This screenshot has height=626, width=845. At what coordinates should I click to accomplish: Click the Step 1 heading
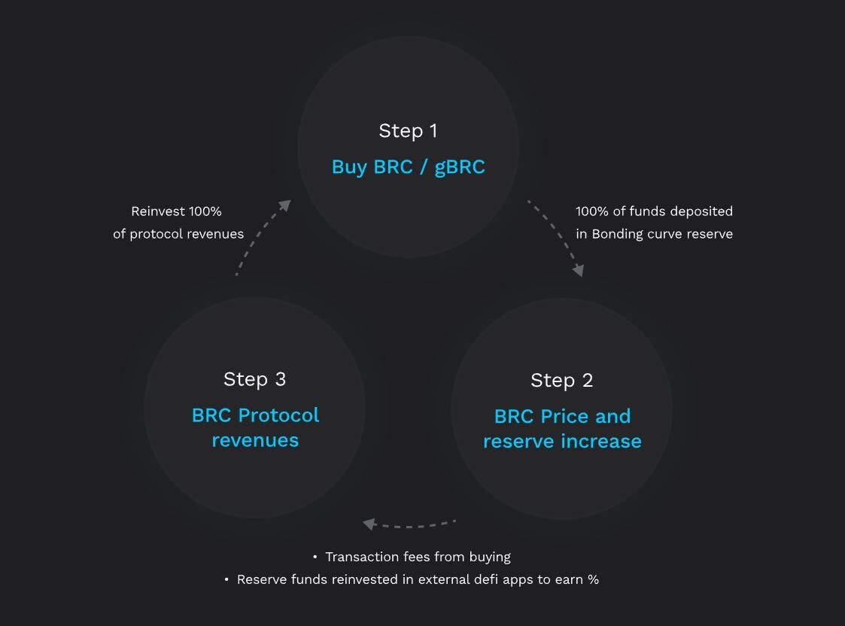click(408, 131)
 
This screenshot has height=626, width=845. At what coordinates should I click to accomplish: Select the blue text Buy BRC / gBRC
click(409, 167)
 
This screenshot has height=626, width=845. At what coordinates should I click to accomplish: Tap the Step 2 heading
click(561, 381)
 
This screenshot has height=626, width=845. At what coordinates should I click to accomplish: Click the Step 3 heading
click(254, 379)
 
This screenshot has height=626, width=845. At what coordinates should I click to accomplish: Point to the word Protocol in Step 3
click(278, 415)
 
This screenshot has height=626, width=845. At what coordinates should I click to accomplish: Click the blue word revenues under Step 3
click(255, 441)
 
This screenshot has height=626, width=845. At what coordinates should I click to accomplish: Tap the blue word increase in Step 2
click(601, 441)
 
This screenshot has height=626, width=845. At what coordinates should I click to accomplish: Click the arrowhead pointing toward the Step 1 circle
click(285, 205)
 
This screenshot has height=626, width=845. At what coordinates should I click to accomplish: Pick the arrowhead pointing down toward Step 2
click(578, 270)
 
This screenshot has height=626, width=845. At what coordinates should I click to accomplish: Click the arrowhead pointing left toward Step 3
click(369, 524)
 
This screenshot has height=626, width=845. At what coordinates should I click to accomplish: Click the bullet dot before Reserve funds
click(226, 579)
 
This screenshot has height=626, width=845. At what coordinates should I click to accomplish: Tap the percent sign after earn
click(593, 579)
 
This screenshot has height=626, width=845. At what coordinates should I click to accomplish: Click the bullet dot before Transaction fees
click(315, 557)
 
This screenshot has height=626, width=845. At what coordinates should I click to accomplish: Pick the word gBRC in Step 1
click(460, 168)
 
